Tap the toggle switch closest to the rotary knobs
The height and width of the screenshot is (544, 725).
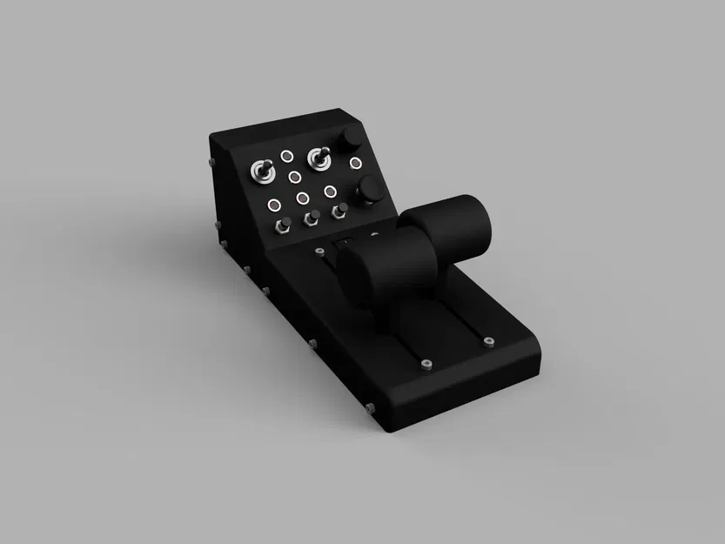click(319, 159)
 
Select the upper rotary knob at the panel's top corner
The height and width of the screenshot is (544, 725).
click(352, 139)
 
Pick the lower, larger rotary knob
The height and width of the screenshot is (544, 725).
click(369, 189)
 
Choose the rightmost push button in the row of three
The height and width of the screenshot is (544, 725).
click(341, 209)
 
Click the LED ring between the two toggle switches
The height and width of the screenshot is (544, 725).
click(286, 157)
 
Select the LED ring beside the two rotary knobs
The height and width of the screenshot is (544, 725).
click(356, 163)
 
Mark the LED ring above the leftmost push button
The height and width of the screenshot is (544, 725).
click(274, 205)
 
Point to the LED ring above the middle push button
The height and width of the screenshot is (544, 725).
click(302, 198)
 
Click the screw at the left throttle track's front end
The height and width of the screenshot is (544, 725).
click(425, 364)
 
